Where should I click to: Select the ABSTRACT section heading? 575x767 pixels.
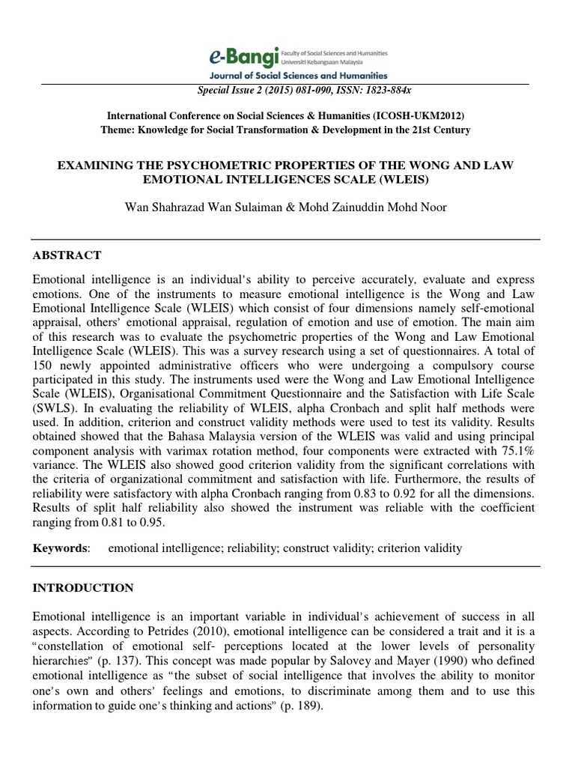pos(67,255)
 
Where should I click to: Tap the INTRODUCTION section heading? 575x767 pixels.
pos(83,588)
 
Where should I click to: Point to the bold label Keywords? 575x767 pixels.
pos(60,548)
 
